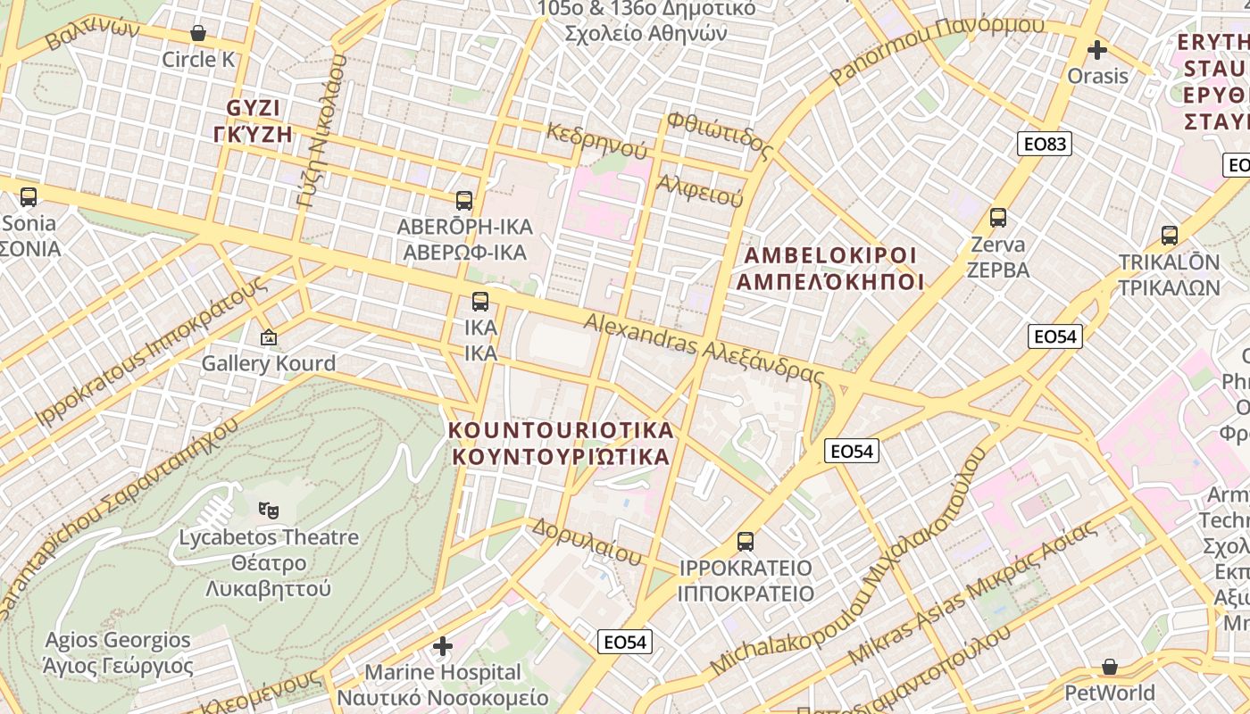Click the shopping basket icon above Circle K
(x=198, y=34)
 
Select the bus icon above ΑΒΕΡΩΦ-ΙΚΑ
(x=464, y=201)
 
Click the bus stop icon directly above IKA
(x=480, y=302)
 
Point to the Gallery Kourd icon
(x=268, y=338)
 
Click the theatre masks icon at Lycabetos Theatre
(x=268, y=511)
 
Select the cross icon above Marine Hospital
(x=443, y=645)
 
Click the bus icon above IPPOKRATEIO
(x=746, y=542)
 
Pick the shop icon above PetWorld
(x=1109, y=667)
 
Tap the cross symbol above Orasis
(x=1097, y=50)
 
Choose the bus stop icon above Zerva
(x=998, y=218)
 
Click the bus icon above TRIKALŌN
(x=1169, y=236)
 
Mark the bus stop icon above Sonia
(x=29, y=197)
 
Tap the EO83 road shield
(x=1044, y=144)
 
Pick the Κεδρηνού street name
(x=585, y=141)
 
